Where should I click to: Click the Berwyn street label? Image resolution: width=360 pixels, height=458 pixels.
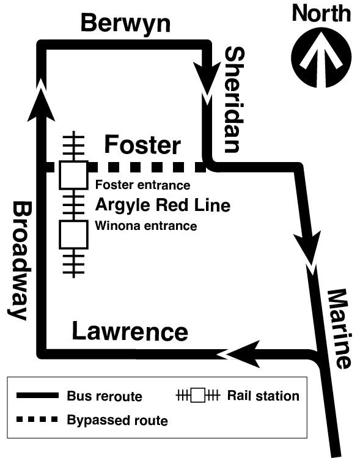click(125, 24)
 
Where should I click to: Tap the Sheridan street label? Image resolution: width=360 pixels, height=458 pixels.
click(234, 99)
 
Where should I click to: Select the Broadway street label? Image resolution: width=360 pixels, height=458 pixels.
click(20, 260)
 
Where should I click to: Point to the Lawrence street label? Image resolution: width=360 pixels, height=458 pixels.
click(130, 331)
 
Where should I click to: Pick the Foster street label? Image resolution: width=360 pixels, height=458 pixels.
click(142, 144)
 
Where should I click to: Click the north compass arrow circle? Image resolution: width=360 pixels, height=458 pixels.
click(321, 58)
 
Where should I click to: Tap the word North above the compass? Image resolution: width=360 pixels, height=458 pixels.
click(321, 13)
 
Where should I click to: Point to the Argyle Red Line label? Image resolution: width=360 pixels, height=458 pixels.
click(163, 205)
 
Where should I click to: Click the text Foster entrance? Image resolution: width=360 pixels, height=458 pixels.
click(143, 185)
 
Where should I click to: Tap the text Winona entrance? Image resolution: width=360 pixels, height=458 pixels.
click(146, 226)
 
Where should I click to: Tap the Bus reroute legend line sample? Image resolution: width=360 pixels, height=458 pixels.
click(37, 396)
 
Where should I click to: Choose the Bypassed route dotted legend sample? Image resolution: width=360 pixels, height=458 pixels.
click(37, 419)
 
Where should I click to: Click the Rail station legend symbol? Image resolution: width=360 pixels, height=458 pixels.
click(197, 396)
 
